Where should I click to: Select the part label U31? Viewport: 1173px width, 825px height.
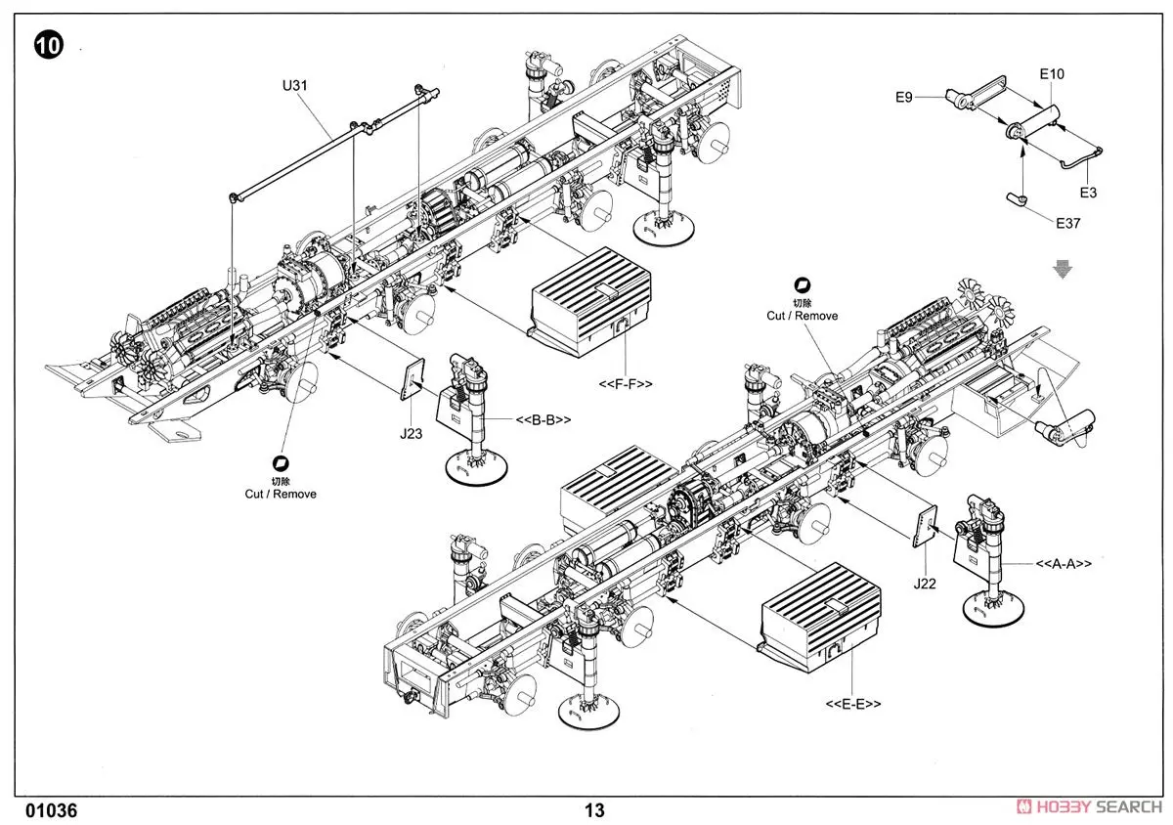point(294,85)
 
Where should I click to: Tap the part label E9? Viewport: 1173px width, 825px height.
point(903,97)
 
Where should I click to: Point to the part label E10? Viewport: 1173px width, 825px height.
point(1052,74)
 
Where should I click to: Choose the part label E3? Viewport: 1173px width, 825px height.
point(1088,193)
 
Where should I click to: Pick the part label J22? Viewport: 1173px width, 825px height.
point(925,585)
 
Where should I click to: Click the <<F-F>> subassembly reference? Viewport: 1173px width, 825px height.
point(626,384)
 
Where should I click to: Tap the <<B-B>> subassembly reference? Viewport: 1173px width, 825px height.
point(543,419)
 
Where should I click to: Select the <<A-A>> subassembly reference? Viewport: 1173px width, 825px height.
point(1064,564)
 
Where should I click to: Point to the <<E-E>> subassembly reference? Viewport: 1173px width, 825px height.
point(853,704)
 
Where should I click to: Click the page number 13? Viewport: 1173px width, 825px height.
point(594,810)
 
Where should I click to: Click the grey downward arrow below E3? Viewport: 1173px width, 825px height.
point(1063,269)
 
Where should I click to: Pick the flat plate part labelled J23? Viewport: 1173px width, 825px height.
point(413,378)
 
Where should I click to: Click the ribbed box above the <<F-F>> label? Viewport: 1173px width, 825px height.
point(589,298)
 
